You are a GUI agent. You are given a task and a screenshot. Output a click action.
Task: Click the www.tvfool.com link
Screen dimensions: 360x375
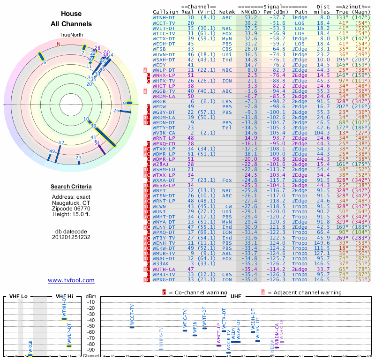click(x=71, y=280)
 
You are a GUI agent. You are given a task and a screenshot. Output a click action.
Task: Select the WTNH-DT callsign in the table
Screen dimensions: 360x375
click(x=164, y=17)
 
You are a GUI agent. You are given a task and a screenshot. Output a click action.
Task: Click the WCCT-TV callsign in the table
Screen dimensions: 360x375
click(x=164, y=22)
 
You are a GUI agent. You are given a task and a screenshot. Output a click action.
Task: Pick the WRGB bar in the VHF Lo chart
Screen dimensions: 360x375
click(x=30, y=355)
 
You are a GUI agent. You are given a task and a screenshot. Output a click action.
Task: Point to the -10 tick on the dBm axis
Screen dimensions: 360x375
click(x=91, y=302)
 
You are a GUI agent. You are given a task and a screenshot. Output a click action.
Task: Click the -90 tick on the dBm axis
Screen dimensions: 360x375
click(x=91, y=350)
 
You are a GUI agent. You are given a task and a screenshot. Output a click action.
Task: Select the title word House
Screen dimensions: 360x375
click(x=71, y=14)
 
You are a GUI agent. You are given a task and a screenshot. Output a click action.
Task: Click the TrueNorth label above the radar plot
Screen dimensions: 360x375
click(x=71, y=35)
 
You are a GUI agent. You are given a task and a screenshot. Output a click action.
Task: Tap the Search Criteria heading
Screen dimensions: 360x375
click(x=71, y=187)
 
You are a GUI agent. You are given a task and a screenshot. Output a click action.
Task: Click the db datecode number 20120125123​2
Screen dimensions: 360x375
click(x=71, y=237)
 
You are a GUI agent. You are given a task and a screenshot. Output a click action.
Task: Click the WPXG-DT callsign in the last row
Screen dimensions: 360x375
click(x=164, y=279)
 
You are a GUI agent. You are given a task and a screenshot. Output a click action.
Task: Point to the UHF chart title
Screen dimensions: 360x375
click(x=236, y=297)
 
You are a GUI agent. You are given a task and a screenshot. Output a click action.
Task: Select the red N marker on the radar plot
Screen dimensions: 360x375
click(x=59, y=44)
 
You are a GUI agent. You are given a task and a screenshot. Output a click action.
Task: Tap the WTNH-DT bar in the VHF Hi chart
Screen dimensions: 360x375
click(x=64, y=319)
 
